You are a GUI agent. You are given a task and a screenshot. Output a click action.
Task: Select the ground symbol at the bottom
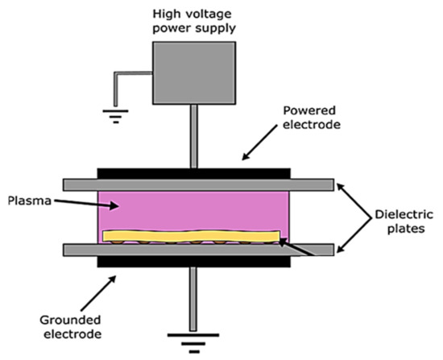click(194, 337)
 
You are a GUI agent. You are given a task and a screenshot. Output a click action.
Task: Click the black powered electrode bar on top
click(193, 173)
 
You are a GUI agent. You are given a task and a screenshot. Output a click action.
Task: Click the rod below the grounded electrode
click(193, 294)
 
